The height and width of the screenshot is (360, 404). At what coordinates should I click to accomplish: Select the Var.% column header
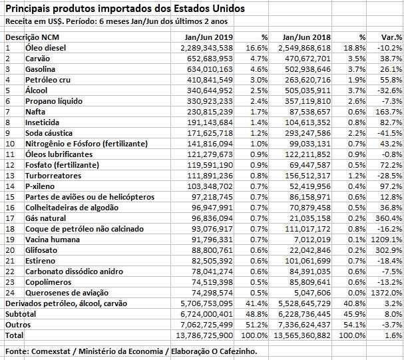point(389,37)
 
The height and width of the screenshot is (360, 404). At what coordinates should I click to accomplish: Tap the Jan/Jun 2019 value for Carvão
point(206,59)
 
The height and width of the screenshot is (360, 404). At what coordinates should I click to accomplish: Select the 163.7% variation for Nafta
point(389,112)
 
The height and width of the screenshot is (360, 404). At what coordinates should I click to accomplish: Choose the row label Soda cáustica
point(50,133)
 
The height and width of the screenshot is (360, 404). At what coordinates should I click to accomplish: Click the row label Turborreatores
point(53,176)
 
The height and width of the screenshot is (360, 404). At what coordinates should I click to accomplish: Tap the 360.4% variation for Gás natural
point(389,218)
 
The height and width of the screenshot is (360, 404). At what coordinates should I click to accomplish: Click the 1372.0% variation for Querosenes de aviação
point(388,293)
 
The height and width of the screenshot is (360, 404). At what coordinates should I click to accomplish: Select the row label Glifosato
point(42,250)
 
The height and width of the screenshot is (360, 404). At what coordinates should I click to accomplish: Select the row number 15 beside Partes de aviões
point(9,197)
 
